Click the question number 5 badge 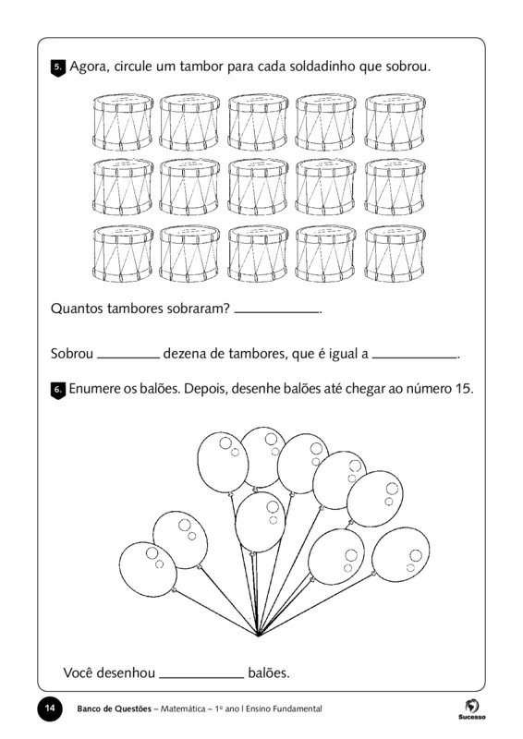click(x=58, y=68)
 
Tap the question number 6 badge click(x=58, y=390)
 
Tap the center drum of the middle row click(x=259, y=185)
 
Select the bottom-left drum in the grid click(x=123, y=251)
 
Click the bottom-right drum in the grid click(x=394, y=251)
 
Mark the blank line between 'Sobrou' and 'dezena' click(x=128, y=355)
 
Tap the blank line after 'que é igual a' click(x=415, y=355)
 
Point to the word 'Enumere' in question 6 click(x=95, y=389)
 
